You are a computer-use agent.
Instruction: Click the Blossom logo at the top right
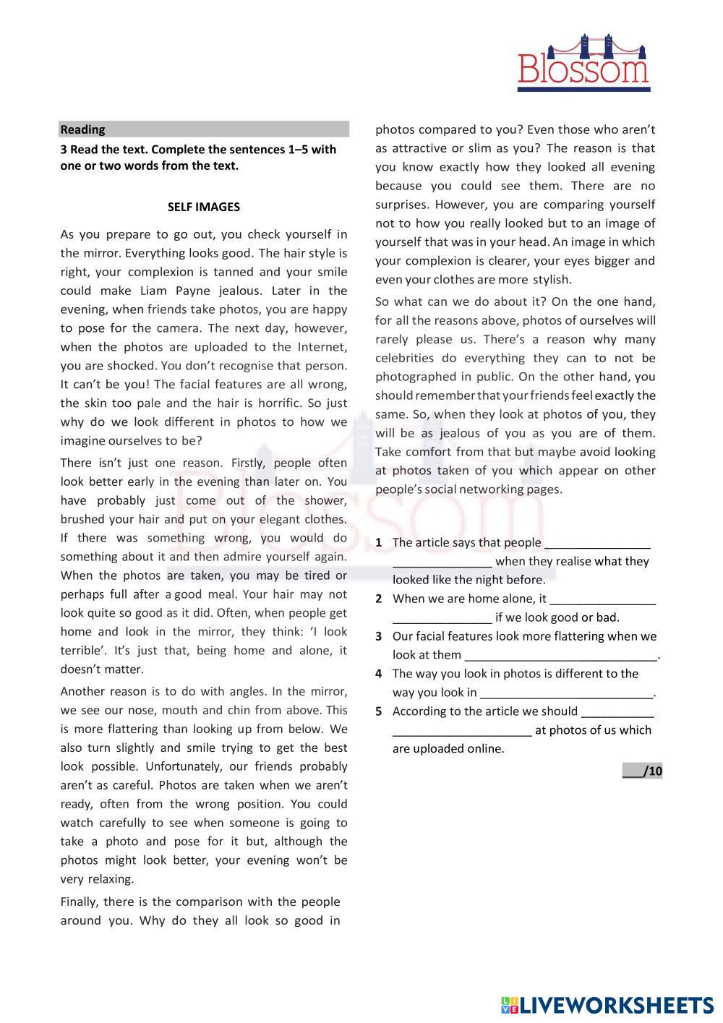[x=583, y=63]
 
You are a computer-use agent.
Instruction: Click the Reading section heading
[x=82, y=129]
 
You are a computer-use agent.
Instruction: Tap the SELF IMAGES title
[x=203, y=207]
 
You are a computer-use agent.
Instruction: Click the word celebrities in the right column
[x=404, y=358]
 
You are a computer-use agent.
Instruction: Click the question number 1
[x=378, y=543]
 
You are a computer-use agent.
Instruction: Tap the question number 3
[x=378, y=637]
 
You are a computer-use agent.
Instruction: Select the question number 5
[x=378, y=711]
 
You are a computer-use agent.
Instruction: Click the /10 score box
[x=642, y=771]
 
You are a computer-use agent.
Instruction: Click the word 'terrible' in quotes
[x=81, y=651]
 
